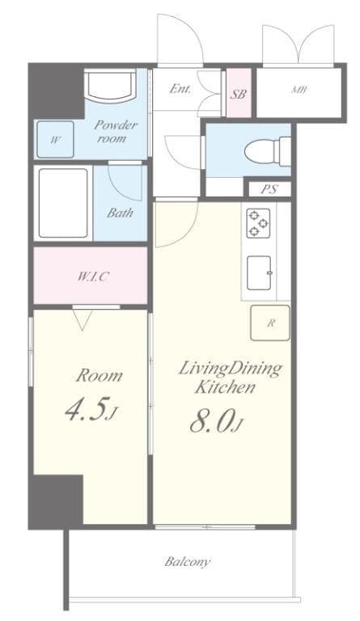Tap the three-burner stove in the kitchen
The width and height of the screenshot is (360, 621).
point(258,223)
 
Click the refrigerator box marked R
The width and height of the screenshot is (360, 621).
point(270,323)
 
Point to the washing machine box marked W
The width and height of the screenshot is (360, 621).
point(55,139)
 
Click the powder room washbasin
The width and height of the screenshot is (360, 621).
point(110,85)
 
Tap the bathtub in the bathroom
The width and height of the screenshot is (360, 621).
point(63,203)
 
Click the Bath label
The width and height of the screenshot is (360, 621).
point(120,213)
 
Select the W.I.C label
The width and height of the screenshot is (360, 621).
point(93,276)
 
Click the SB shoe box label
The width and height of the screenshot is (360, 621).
point(239,94)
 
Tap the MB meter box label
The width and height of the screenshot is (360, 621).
point(298,90)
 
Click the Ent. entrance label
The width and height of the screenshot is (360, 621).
point(180,89)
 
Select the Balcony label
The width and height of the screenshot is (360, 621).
point(188,561)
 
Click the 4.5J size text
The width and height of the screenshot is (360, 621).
point(91,410)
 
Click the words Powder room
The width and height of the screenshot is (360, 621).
point(116,131)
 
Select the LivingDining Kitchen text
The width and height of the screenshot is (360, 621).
point(229,378)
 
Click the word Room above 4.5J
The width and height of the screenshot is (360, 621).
point(100,375)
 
